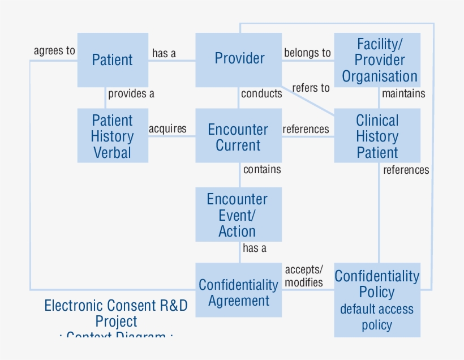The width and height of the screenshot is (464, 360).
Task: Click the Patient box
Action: [113, 60]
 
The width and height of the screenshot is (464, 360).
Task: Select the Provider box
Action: [239, 59]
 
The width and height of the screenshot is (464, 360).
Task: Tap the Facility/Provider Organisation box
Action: [377, 60]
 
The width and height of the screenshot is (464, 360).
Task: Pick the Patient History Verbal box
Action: [113, 136]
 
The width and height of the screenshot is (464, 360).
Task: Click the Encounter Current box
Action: [239, 136]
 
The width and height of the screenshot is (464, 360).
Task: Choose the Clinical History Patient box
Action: [377, 136]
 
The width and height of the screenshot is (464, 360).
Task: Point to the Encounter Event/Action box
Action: [239, 215]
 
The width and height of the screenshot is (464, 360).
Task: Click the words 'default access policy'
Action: [377, 318]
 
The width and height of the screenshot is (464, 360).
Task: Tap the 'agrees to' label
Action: [54, 51]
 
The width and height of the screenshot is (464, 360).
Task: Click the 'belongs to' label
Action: [307, 53]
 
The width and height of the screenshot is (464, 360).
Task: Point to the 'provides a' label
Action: [131, 93]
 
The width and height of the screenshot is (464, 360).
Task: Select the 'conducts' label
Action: [261, 93]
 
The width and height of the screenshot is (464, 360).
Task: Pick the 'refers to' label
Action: [311, 88]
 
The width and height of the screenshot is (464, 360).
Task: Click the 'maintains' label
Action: [403, 93]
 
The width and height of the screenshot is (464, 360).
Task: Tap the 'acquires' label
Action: [167, 128]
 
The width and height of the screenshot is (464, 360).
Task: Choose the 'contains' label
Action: [262, 169]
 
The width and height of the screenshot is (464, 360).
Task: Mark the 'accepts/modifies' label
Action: [304, 276]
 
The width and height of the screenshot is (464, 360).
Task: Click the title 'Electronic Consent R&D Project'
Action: [116, 314]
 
